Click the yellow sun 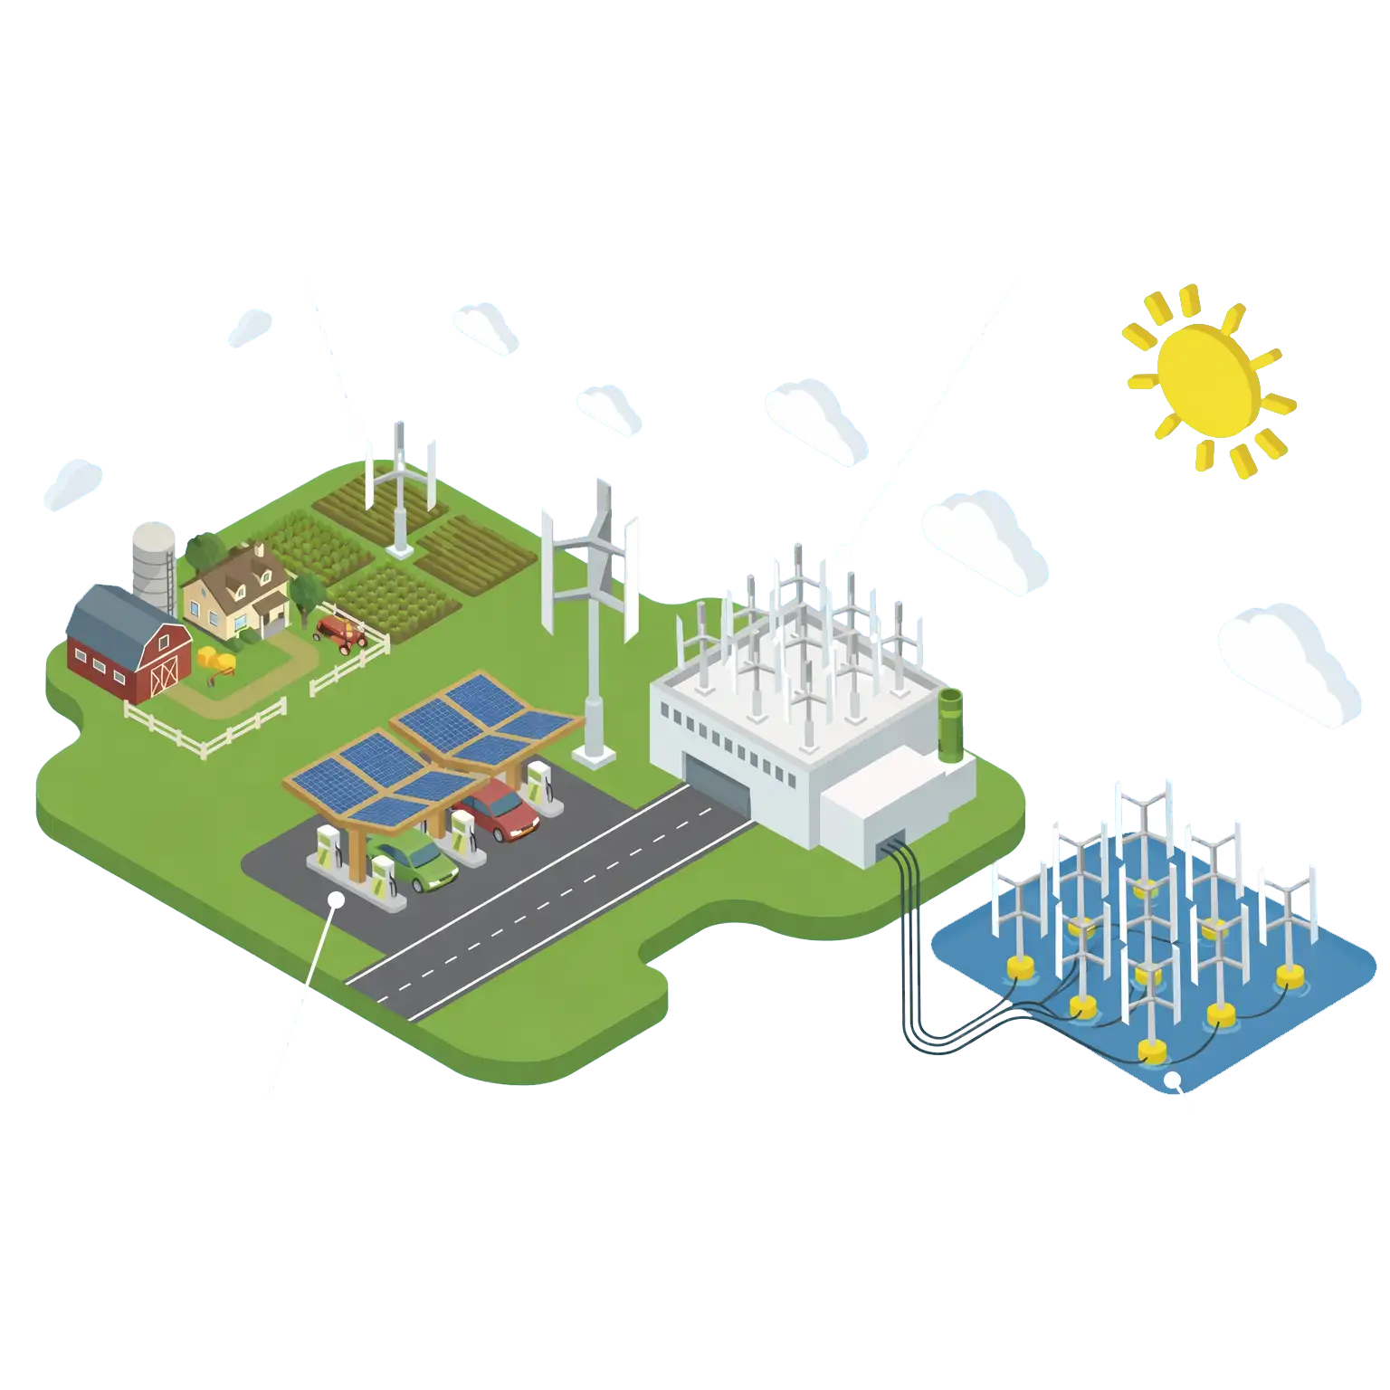point(1208,381)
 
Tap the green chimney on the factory point(950,723)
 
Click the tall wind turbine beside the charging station point(593,624)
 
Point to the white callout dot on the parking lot point(336,900)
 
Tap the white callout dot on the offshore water point(1172,1080)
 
